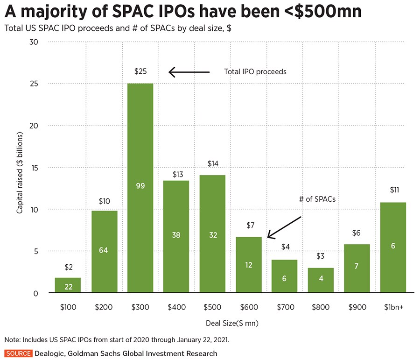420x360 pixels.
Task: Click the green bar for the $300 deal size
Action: click(140, 140)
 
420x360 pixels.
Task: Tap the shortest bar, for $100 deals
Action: click(68, 285)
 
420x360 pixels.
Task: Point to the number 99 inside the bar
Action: click(140, 186)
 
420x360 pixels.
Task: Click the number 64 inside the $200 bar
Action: click(104, 250)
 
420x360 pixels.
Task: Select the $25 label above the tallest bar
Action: click(140, 72)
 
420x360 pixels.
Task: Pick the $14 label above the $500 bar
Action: click(213, 164)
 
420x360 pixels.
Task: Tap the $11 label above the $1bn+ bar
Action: click(393, 190)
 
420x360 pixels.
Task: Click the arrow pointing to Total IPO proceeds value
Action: click(189, 72)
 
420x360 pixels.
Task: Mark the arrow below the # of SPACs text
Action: click(284, 227)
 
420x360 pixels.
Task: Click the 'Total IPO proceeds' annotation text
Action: click(255, 72)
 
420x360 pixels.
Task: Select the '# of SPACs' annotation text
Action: click(318, 199)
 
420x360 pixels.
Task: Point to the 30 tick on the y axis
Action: click(34, 42)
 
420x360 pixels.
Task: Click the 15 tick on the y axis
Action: click(34, 168)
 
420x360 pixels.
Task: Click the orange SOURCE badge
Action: click(18, 353)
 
